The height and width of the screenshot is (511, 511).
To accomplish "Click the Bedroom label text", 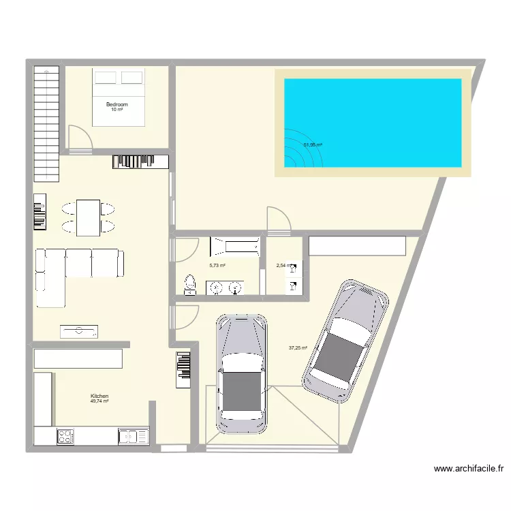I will click(117, 104).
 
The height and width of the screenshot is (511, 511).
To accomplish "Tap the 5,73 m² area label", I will click(217, 266).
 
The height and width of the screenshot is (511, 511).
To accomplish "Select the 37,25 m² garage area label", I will click(298, 347).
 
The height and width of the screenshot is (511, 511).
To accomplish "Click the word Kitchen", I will click(99, 396).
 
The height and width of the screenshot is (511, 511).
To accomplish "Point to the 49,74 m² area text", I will click(99, 401).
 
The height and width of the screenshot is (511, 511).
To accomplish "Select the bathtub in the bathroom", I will click(235, 246).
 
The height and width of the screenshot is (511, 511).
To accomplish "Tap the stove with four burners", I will click(65, 436).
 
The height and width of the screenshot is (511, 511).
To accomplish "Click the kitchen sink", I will click(133, 436).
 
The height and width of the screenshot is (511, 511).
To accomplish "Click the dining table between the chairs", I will click(89, 217).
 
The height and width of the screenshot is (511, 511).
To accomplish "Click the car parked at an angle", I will click(346, 340).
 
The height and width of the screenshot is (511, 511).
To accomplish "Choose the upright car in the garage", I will click(241, 373).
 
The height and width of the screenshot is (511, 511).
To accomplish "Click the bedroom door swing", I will click(79, 139).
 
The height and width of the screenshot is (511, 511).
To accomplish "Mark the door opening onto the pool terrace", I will click(279, 219).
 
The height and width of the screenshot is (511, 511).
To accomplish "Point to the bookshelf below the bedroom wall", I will click(140, 161).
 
